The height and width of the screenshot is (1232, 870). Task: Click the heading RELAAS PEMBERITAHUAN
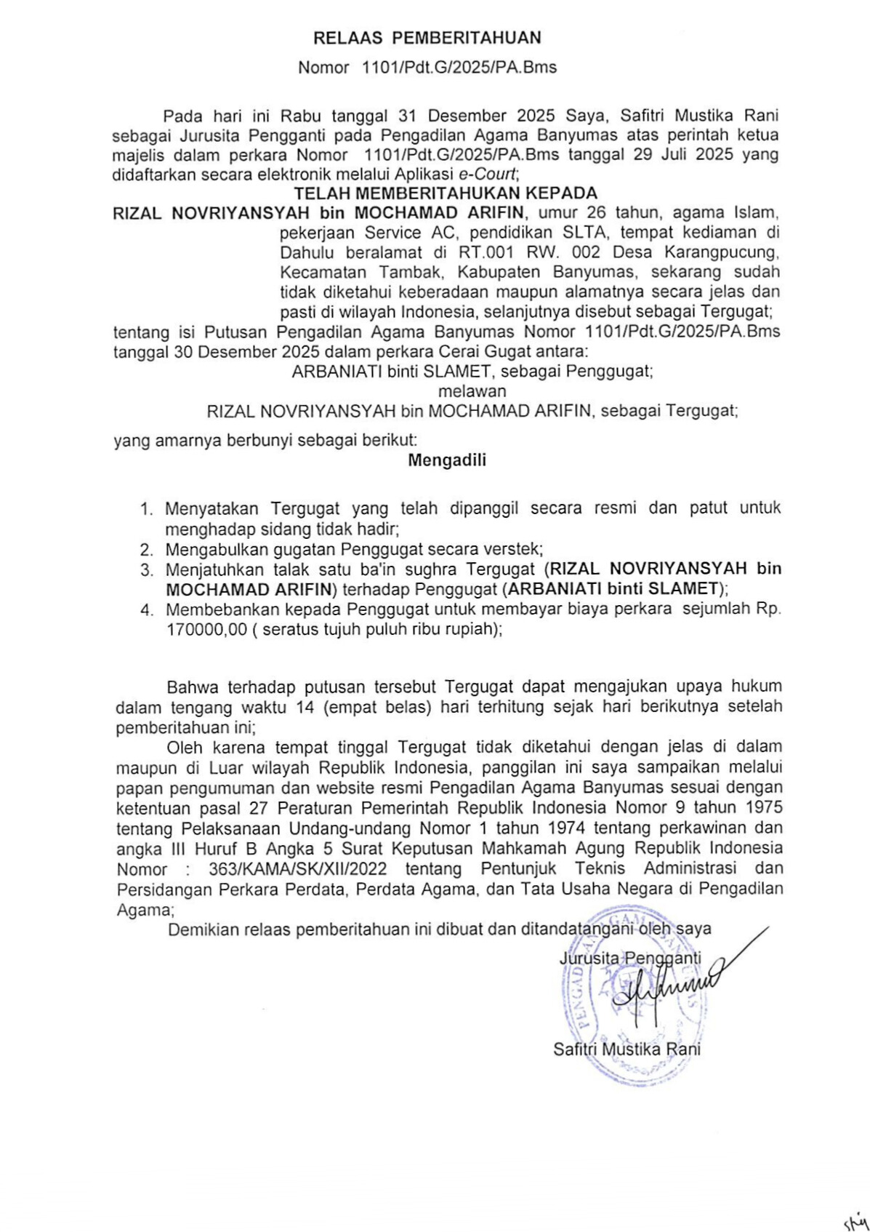coord(427,38)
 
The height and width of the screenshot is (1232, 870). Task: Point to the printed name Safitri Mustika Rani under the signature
coord(627,1049)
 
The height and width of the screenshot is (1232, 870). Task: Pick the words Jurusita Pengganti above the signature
coord(629,958)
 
